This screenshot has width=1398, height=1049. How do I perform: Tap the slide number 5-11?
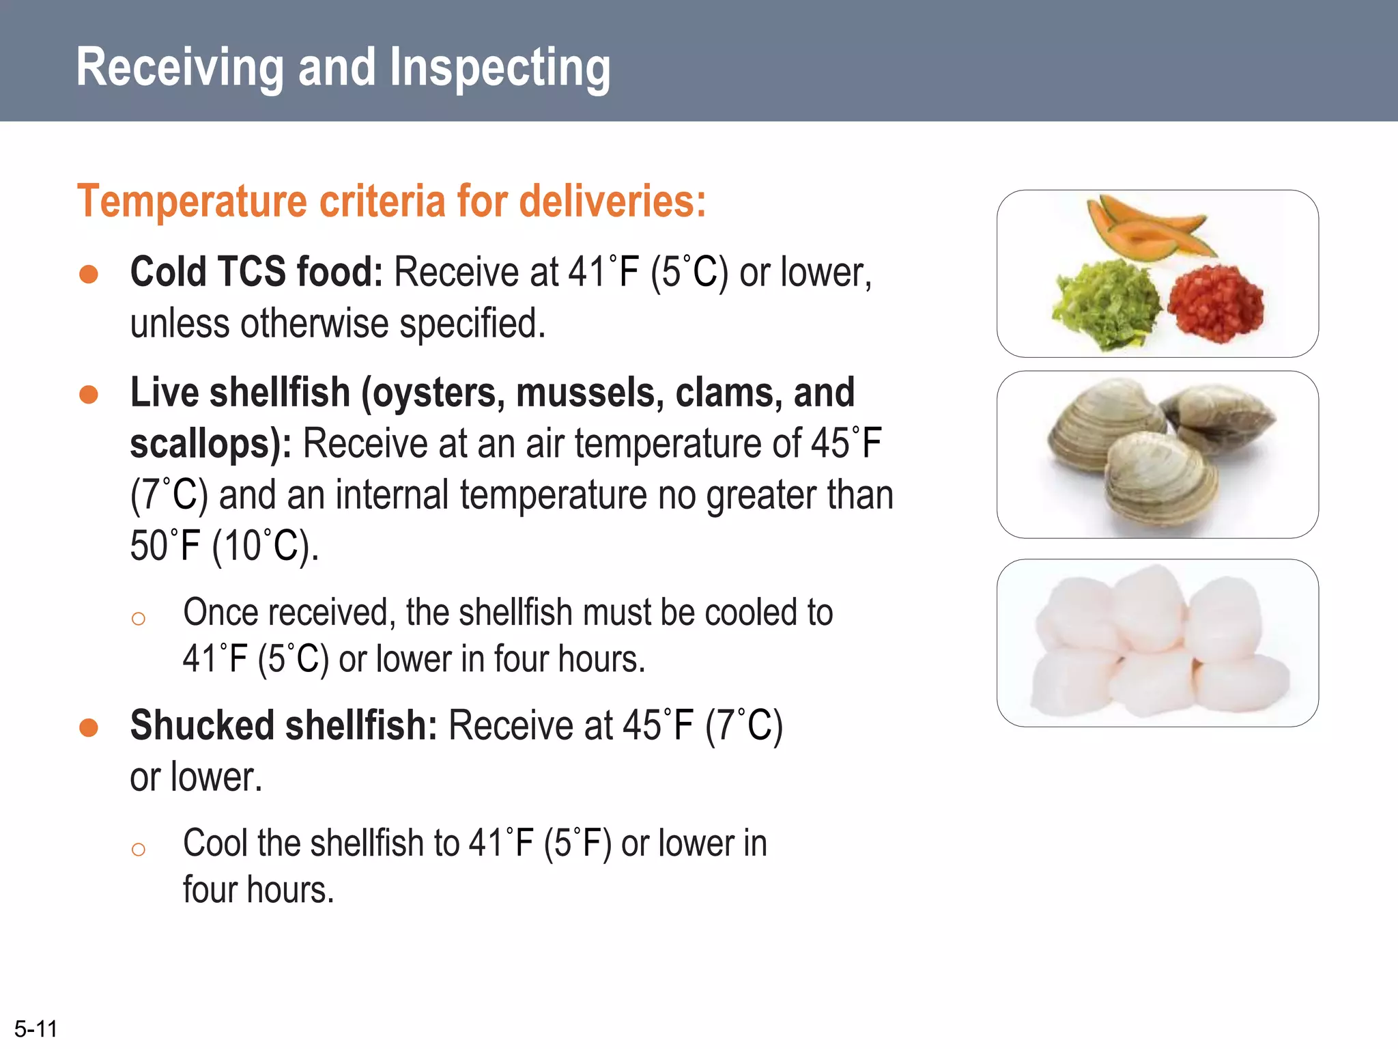36,1029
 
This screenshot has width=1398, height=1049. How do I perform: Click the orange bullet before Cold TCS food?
89,275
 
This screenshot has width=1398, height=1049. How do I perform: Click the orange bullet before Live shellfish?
89,395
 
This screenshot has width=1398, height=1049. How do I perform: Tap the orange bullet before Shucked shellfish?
89,728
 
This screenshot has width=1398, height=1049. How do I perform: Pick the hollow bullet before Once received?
139,619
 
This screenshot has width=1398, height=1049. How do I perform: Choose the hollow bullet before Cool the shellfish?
139,850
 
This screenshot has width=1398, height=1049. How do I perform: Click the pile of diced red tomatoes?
1215,303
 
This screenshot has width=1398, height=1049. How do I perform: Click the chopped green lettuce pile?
1106,305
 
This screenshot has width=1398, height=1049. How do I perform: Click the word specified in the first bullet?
472,324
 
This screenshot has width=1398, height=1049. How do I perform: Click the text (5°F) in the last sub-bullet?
577,843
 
